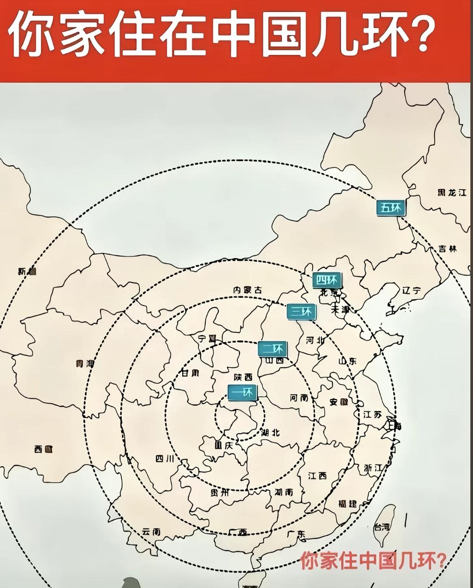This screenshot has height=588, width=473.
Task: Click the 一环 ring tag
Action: (242, 393)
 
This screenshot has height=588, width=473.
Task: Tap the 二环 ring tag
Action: (272, 349)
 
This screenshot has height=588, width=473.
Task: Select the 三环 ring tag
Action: (301, 311)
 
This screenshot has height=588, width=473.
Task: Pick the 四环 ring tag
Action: (327, 280)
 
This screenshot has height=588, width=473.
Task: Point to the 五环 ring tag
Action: (391, 208)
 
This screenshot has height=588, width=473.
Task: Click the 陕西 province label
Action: (243, 377)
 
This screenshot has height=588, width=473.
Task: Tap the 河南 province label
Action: (299, 398)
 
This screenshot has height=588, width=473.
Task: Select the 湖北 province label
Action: (270, 433)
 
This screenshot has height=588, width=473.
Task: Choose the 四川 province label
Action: (165, 458)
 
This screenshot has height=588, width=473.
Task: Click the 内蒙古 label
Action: (247, 290)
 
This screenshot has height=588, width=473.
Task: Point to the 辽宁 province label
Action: (411, 290)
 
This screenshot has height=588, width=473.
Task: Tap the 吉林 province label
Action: (447, 249)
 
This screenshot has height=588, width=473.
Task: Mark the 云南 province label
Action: (151, 532)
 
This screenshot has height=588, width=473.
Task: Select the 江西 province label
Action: (318, 475)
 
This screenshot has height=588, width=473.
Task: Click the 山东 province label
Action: (348, 361)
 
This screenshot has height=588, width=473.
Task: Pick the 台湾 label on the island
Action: (381, 528)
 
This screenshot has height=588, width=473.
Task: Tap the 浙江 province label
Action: (373, 468)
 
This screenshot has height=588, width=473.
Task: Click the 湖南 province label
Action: (284, 492)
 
